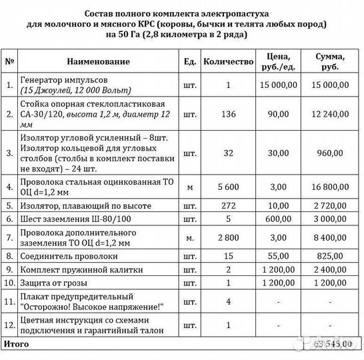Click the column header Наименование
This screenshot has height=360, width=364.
(x=98, y=61)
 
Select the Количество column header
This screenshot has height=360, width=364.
(x=228, y=61)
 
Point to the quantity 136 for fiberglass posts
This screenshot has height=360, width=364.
(x=228, y=114)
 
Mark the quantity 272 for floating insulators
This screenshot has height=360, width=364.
(x=228, y=207)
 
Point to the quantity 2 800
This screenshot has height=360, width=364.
(x=228, y=237)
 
